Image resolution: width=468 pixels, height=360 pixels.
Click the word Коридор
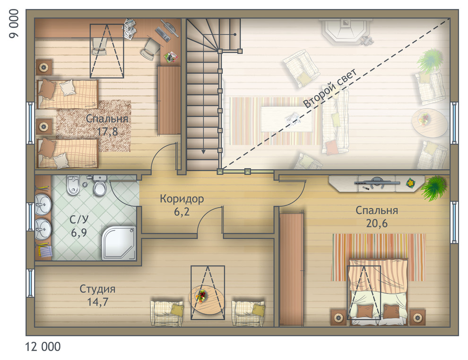pos(182,198)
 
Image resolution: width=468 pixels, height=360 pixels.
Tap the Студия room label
pos(97,289)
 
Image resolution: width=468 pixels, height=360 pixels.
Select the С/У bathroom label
pos(79,220)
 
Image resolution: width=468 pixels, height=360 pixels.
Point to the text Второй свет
pos(330,88)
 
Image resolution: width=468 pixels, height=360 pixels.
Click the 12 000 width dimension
pos(43,347)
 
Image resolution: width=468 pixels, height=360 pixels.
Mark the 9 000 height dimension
pos(14,24)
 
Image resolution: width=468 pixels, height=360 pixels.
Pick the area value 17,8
pos(107,131)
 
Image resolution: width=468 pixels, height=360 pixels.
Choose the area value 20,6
pos(377,223)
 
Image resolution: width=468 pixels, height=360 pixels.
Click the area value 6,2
pos(182,212)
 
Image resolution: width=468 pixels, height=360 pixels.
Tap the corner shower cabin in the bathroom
pos(119,243)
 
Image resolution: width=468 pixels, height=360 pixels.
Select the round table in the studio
pos(207,299)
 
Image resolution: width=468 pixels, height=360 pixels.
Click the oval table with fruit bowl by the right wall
pos(429,122)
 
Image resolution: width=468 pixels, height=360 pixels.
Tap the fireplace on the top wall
pos(346,31)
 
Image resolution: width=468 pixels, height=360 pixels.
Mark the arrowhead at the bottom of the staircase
pos(203,152)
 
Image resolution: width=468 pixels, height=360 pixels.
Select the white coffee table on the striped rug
pos(287,119)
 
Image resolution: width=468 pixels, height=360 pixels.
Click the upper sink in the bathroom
pos(43,204)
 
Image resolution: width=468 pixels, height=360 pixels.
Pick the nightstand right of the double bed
pos(417,317)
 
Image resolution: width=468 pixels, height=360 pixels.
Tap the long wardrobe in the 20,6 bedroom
pos(291,269)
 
